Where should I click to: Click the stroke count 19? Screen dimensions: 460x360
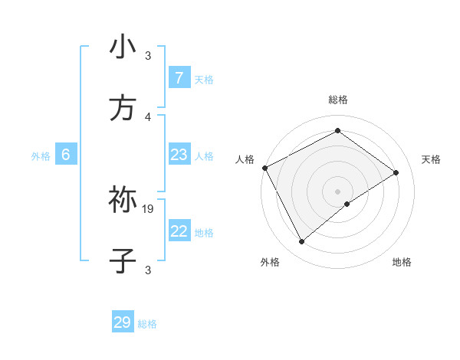(148, 208)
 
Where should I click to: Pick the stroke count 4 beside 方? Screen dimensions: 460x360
(148, 116)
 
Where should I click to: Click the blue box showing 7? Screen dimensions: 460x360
(179, 77)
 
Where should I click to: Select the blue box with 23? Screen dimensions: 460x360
(179, 155)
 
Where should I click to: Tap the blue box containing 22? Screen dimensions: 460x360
(179, 231)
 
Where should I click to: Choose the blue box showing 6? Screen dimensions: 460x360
(66, 155)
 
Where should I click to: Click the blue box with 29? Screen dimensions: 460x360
(123, 322)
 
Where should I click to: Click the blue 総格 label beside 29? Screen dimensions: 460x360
(147, 324)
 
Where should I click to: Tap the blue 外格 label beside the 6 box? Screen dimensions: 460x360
(41, 156)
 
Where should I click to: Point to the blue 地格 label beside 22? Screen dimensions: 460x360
(204, 233)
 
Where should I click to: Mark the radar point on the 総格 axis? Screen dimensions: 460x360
(337, 131)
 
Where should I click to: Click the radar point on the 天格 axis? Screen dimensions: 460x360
(396, 172)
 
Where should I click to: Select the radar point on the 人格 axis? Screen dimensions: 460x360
(264, 168)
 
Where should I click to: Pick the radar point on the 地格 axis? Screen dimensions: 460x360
(347, 204)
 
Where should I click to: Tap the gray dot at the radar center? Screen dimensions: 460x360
(337, 191)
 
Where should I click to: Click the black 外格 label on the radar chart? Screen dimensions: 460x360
(270, 262)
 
